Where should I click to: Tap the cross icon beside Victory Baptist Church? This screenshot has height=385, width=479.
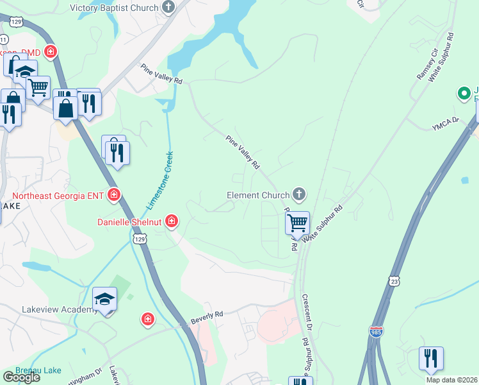point(168,7)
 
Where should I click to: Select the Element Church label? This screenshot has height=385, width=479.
point(259,194)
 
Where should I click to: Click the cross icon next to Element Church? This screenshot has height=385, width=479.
point(298,194)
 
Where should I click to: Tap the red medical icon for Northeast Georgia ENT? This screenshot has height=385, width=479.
point(114,194)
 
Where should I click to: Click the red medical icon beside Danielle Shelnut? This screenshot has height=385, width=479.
point(171,222)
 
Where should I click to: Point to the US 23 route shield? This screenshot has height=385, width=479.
point(395,280)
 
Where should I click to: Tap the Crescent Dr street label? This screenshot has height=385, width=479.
point(307,312)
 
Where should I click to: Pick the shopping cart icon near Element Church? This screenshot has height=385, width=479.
point(297,223)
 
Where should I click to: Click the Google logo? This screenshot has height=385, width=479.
point(21,377)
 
